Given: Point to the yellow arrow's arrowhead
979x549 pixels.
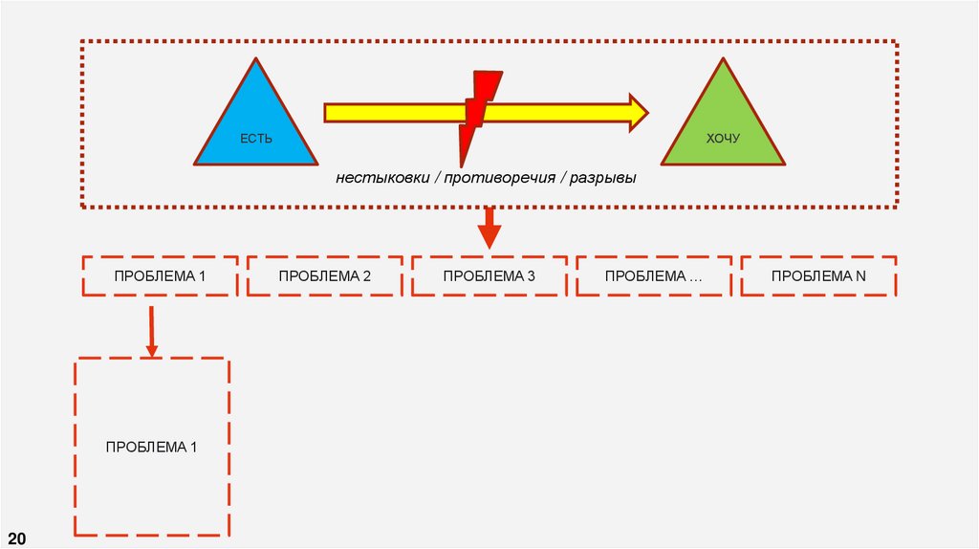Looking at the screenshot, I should [x=637, y=112].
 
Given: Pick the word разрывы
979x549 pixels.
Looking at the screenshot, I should [x=602, y=179].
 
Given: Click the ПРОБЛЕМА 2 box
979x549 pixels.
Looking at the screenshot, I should [x=324, y=276].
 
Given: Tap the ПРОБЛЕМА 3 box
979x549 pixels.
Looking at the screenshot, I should [x=489, y=276].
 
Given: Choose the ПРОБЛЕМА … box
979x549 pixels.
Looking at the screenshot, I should [x=653, y=276].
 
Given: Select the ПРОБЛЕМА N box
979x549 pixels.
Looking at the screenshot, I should [x=817, y=276].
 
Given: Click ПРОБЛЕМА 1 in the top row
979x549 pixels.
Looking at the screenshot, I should [x=160, y=276].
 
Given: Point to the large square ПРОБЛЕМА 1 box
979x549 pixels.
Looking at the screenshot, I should [x=151, y=446].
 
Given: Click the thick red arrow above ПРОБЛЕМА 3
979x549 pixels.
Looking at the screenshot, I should [x=489, y=228].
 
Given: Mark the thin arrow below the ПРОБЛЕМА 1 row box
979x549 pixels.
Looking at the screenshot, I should [x=151, y=330].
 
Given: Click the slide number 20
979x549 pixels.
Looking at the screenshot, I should [x=18, y=536].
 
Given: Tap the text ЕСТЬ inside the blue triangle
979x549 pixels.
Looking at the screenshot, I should [x=255, y=140].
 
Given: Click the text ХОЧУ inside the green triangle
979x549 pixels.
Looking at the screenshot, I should [x=723, y=140].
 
